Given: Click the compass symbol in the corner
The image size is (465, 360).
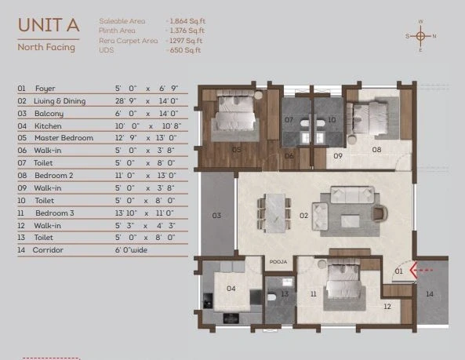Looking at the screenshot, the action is (x=420, y=36).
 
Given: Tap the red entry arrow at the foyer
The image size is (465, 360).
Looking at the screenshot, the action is (x=421, y=271).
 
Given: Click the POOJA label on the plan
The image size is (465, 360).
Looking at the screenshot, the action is (x=278, y=262).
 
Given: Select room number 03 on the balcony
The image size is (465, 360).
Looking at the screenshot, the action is (x=216, y=215).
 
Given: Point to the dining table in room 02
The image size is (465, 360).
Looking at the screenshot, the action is (x=274, y=213).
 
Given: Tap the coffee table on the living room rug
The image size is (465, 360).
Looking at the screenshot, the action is (x=350, y=221).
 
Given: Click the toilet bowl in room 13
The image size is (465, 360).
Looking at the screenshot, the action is (x=271, y=296).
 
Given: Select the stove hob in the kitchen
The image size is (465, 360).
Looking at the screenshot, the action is (x=231, y=318).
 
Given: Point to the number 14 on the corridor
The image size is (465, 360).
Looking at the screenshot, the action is (x=430, y=294).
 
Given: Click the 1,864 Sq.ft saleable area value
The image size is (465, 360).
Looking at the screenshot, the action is (x=187, y=21).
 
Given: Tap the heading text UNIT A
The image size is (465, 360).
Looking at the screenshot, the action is (x=49, y=25).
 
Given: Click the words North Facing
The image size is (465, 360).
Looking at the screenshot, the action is (x=46, y=47).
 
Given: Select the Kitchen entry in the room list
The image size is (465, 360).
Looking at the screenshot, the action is (x=48, y=126).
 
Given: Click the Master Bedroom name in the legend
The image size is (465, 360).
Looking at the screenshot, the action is (x=64, y=138).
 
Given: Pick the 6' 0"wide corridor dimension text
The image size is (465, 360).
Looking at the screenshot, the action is (x=131, y=250).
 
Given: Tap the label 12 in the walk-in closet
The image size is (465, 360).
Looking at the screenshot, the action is (x=387, y=307).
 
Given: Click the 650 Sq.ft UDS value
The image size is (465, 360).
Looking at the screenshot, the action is (x=185, y=50).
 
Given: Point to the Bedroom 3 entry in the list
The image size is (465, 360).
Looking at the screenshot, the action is (x=55, y=213).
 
